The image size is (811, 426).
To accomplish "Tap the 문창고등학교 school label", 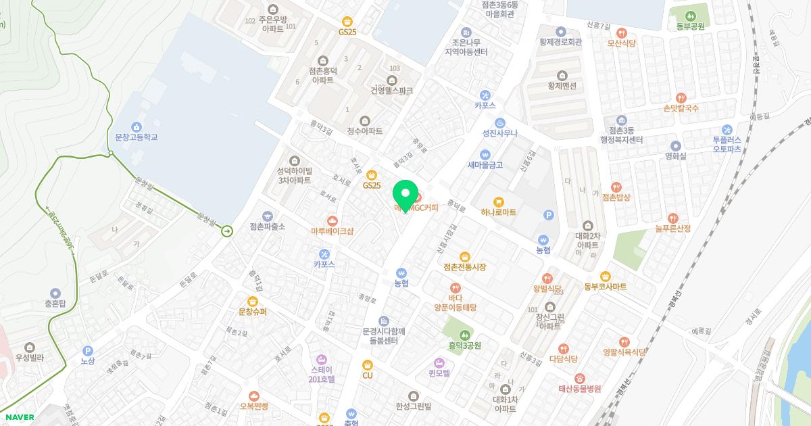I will pos(136,137).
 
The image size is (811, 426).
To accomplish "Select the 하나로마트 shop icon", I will pos(498,201).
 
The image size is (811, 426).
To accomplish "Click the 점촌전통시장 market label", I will pos(465,267).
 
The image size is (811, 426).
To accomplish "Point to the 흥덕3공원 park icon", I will pos(464,334).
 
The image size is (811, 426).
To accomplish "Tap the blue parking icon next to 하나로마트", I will pos(549,215).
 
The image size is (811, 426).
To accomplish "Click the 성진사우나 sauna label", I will pos(499,133).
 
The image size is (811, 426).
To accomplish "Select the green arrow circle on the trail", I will pos(227,231).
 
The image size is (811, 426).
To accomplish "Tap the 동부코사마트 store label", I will pos(605,287).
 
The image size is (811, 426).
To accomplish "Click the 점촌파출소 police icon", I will pos(268,215).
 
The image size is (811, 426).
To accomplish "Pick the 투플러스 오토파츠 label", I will pos(727,144).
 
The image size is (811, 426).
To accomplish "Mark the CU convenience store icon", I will pos(367,364).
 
